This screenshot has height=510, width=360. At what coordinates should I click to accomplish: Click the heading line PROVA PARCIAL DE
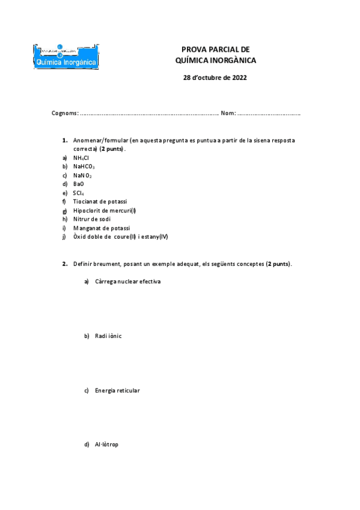[x=215, y=49]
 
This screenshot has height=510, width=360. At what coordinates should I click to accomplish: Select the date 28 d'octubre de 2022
[x=215, y=78]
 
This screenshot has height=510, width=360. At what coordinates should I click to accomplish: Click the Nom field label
[x=228, y=113]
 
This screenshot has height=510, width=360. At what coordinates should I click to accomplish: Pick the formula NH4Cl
[x=81, y=158]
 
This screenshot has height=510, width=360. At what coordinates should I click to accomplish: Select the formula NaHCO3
[x=84, y=167]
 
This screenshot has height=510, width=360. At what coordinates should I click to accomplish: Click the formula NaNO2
[x=82, y=175]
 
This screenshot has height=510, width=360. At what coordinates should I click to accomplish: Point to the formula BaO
[x=79, y=183]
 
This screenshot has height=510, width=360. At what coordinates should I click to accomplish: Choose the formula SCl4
[x=79, y=192]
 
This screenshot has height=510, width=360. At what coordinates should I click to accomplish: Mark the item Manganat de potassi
[x=102, y=228]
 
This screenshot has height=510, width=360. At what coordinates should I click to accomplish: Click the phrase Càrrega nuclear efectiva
[x=127, y=281]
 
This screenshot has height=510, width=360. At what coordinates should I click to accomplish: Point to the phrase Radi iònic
[x=108, y=336]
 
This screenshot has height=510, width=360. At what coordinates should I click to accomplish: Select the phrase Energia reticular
[x=117, y=390]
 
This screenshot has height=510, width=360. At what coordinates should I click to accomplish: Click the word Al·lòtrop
[x=106, y=444]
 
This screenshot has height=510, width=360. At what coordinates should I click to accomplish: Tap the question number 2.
[x=64, y=263]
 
